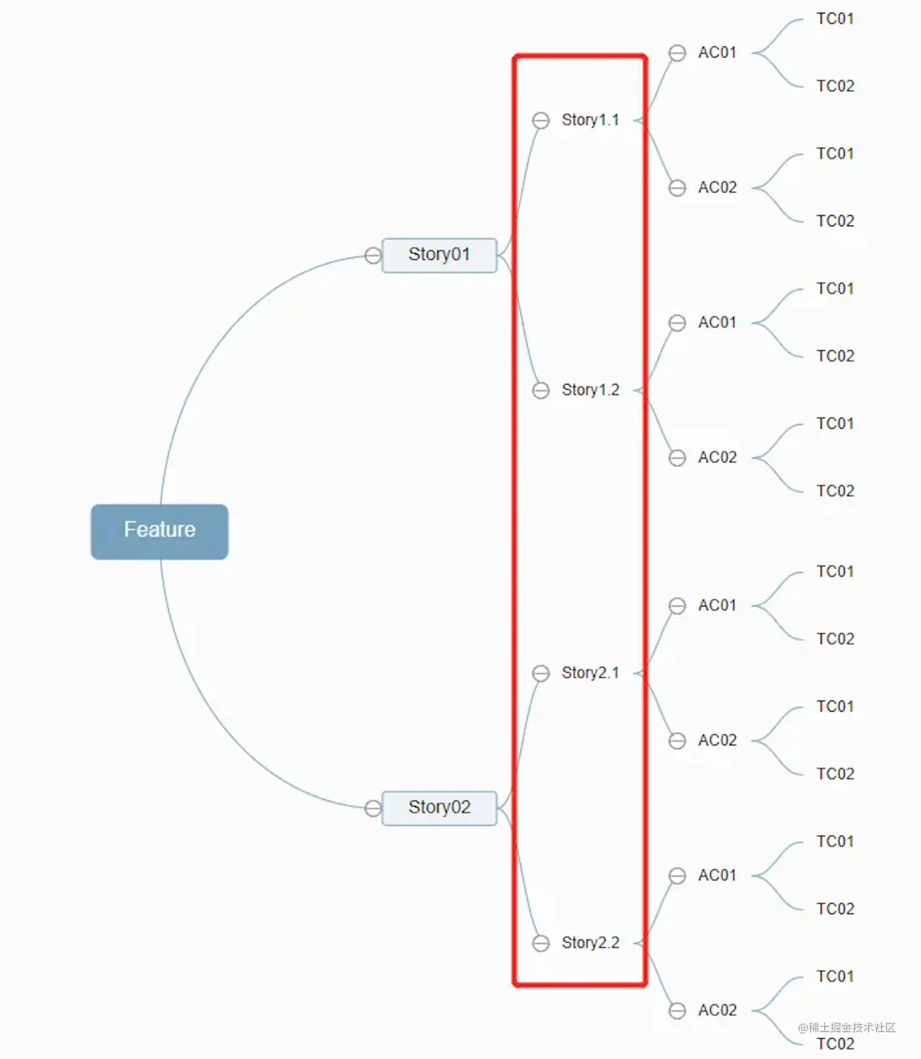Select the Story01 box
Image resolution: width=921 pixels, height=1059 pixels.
pyautogui.click(x=439, y=255)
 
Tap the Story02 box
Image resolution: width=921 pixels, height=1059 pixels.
pyautogui.click(x=439, y=808)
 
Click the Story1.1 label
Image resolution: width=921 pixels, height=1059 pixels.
pyautogui.click(x=590, y=120)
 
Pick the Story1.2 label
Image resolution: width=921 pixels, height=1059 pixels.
pyautogui.click(x=590, y=390)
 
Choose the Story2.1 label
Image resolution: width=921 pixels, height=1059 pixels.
pyautogui.click(x=590, y=673)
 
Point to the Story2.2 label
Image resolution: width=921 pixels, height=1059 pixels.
pyautogui.click(x=590, y=943)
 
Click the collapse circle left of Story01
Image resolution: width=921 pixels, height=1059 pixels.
pyautogui.click(x=373, y=255)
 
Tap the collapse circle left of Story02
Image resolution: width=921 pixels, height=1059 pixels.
pyautogui.click(x=373, y=808)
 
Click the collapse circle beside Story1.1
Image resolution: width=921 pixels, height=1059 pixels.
pyautogui.click(x=540, y=121)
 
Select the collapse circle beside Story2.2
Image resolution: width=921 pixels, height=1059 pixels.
pyautogui.click(x=540, y=943)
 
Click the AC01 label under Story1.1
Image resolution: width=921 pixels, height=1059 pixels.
pyautogui.click(x=717, y=53)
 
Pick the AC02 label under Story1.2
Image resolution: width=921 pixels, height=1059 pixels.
pyautogui.click(x=717, y=457)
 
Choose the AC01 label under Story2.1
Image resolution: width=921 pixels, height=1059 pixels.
pyautogui.click(x=717, y=606)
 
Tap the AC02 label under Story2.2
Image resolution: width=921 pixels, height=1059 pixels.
pyautogui.click(x=717, y=1010)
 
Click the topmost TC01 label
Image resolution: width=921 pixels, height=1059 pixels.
pyautogui.click(x=835, y=19)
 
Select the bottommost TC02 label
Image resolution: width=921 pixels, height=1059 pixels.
pyautogui.click(x=835, y=1044)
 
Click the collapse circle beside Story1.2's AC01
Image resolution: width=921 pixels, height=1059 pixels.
pyautogui.click(x=677, y=323)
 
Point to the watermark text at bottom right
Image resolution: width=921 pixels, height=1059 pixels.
pyautogui.click(x=847, y=1028)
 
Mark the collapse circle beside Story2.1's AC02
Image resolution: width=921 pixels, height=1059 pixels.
pyautogui.click(x=677, y=741)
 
